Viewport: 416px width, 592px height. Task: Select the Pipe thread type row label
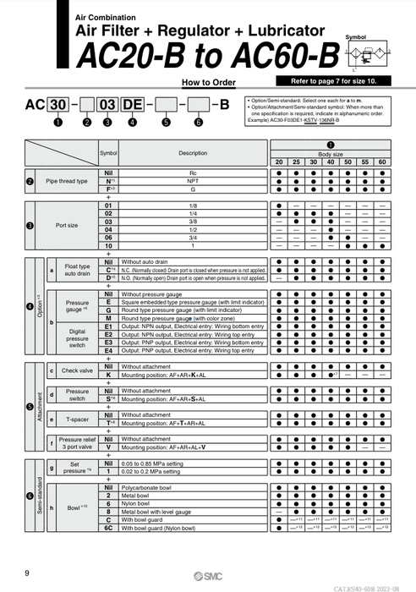coord(66,181)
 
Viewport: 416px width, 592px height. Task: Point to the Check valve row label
coord(77,370)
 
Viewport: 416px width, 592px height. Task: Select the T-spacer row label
coord(77,419)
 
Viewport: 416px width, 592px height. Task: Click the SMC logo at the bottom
coord(207,575)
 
